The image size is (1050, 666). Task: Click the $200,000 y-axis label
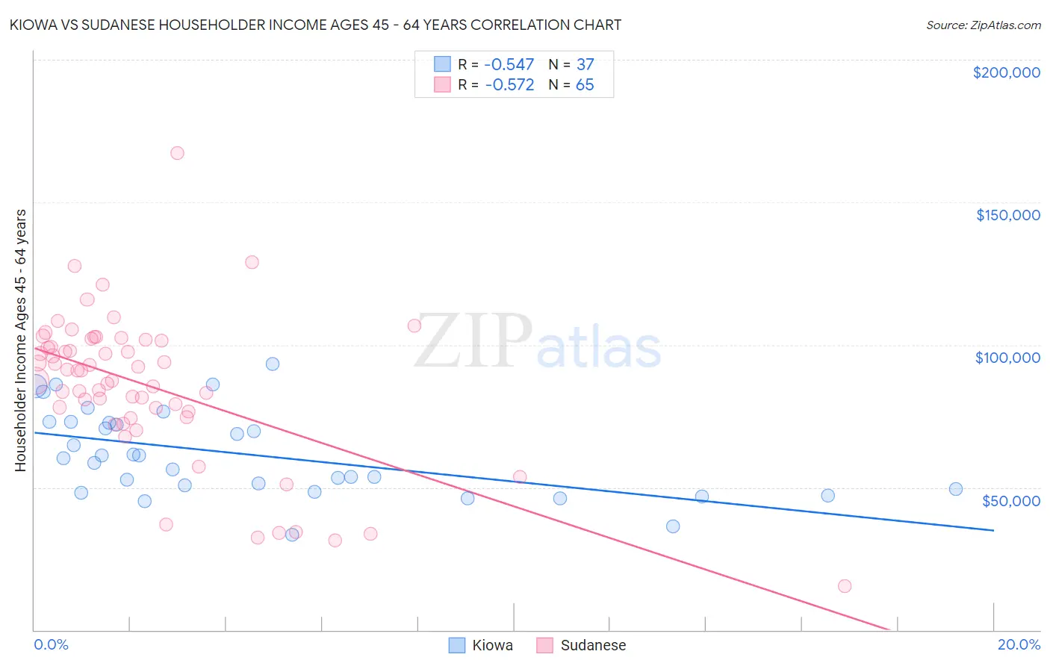(1006, 72)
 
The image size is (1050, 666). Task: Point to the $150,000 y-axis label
(1007, 215)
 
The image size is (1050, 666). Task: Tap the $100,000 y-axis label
(1007, 358)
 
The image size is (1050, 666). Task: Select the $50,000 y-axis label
(1010, 500)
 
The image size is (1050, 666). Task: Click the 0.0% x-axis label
(51, 644)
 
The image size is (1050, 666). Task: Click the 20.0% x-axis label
(1019, 644)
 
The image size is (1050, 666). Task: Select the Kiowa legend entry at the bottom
(481, 645)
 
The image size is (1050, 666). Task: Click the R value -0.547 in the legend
(509, 64)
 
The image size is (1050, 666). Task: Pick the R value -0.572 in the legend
(509, 85)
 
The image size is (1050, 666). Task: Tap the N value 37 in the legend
(585, 64)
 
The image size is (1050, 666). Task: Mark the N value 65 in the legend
(585, 85)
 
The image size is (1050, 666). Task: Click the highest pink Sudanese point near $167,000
(177, 153)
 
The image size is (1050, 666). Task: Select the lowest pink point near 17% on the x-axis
(845, 586)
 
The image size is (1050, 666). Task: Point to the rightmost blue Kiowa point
(955, 489)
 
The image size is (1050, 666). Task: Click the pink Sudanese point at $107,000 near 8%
(414, 326)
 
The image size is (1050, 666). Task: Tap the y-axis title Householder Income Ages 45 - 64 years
(21, 340)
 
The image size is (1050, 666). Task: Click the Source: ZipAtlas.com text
(983, 25)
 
